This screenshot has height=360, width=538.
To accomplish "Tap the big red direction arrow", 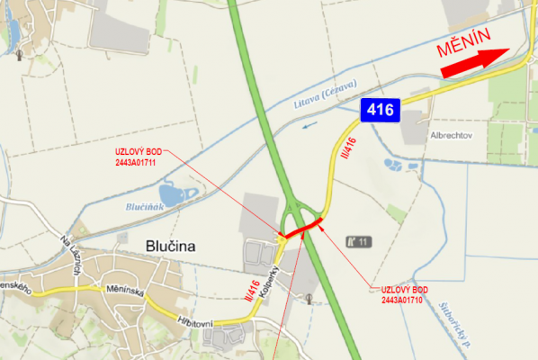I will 473,62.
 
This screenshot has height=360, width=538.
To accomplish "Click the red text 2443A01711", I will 136,164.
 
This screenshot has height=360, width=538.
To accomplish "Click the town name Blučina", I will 170,246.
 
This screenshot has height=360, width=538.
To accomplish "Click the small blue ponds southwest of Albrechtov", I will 395,166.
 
